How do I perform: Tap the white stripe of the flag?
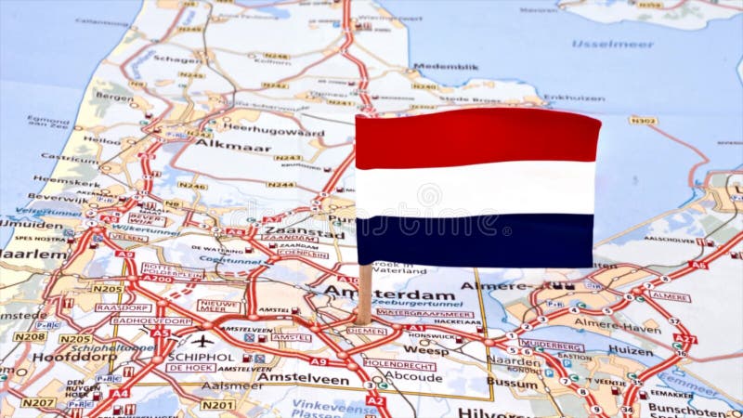475,189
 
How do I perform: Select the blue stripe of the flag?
475,240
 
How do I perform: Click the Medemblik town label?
446,67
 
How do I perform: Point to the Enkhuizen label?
574,97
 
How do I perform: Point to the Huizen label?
631,350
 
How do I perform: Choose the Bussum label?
512,382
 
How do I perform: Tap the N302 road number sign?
643,121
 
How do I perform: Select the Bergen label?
113,96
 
